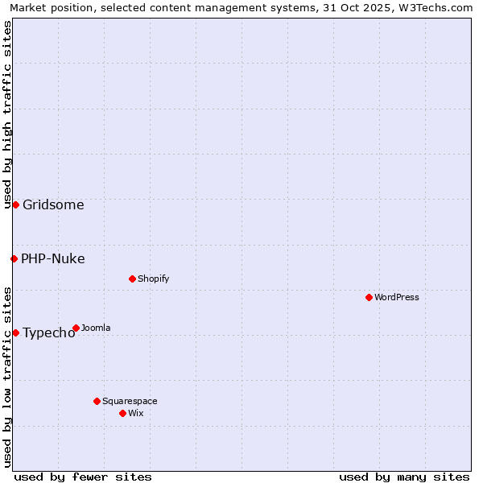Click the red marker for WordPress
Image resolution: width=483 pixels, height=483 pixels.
click(369, 297)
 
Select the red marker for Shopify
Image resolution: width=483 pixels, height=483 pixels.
click(132, 279)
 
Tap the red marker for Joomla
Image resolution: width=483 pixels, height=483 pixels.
click(76, 328)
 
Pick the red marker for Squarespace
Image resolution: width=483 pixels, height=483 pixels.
click(97, 401)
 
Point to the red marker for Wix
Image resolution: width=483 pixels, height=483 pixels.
click(122, 413)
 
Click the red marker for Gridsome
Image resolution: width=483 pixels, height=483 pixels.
click(15, 204)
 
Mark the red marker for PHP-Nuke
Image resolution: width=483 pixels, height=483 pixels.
click(14, 258)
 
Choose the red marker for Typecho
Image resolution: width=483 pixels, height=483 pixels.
click(15, 332)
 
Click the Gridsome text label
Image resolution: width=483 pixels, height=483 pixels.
click(53, 204)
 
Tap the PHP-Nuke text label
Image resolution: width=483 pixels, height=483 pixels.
click(53, 258)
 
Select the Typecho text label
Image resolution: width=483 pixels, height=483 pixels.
click(48, 333)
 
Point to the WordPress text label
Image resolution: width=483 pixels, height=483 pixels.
click(397, 297)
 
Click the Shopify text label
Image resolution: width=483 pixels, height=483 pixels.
click(153, 279)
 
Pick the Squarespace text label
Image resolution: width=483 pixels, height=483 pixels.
click(130, 401)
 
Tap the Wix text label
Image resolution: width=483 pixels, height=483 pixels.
click(135, 413)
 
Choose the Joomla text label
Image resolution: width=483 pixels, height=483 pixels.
click(96, 328)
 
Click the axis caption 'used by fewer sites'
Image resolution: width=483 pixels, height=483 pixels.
click(83, 477)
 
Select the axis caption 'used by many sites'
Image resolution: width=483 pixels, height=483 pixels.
click(404, 477)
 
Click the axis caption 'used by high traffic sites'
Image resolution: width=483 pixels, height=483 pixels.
click(7, 114)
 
